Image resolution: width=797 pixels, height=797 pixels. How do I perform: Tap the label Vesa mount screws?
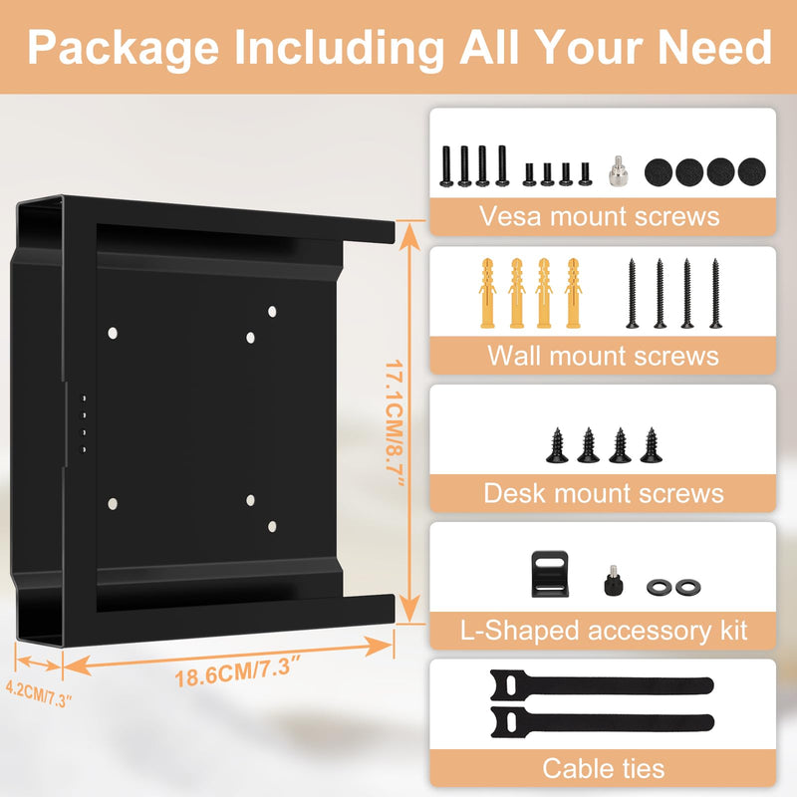[600, 216]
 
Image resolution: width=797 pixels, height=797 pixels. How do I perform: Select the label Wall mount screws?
[603, 355]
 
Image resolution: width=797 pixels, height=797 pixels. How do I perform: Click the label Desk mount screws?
[604, 493]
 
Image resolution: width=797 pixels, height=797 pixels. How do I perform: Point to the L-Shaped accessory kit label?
[604, 631]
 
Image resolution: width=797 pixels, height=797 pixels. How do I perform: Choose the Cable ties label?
[604, 768]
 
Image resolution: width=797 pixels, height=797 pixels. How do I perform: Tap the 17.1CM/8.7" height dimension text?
[394, 422]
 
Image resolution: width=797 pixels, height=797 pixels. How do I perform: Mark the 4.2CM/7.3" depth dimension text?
[39, 693]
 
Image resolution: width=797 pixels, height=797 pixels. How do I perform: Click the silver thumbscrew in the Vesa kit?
[618, 170]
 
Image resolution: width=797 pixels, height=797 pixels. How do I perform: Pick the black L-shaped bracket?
[550, 574]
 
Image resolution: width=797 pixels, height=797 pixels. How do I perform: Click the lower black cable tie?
[603, 721]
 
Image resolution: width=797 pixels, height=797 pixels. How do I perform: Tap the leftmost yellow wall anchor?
[487, 293]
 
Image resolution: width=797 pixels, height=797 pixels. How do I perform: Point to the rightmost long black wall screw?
[715, 293]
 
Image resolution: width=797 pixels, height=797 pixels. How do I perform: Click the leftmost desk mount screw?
[557, 445]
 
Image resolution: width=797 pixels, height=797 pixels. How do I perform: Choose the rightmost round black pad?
[751, 171]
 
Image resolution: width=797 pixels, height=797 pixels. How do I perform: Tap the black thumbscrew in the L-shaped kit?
[614, 580]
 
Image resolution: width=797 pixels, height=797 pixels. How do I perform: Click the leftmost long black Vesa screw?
[446, 166]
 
